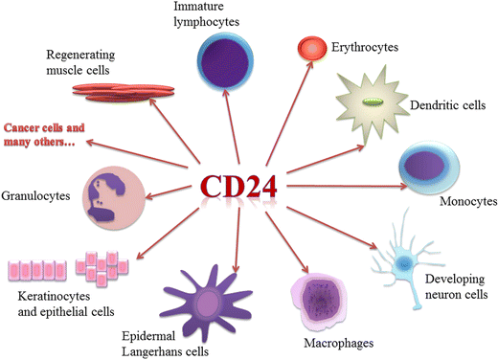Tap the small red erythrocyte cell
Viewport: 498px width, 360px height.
[310, 46]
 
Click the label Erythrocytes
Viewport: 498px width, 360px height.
[365, 46]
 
